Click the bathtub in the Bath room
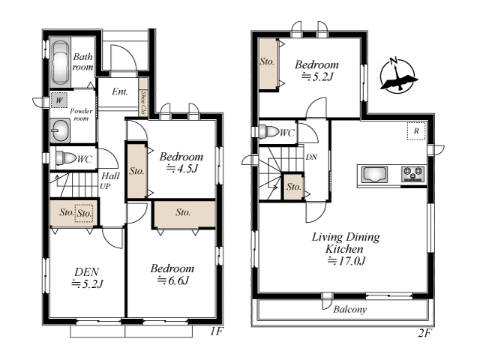(60, 63)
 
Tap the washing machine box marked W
(59, 100)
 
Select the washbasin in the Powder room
(60, 130)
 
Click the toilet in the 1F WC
(66, 158)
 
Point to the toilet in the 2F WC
(269, 132)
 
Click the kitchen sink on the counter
(374, 175)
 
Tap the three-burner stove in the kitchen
(413, 174)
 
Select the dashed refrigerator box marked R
(416, 131)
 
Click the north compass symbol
(397, 75)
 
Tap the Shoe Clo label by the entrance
(143, 100)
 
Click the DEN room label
(87, 271)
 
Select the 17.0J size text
(346, 261)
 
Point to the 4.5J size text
(181, 168)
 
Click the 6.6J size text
(173, 280)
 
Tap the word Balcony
(350, 309)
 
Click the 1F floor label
(217, 331)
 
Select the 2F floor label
(424, 333)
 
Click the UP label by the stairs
(105, 186)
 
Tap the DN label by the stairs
(311, 157)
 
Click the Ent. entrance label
(120, 91)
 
